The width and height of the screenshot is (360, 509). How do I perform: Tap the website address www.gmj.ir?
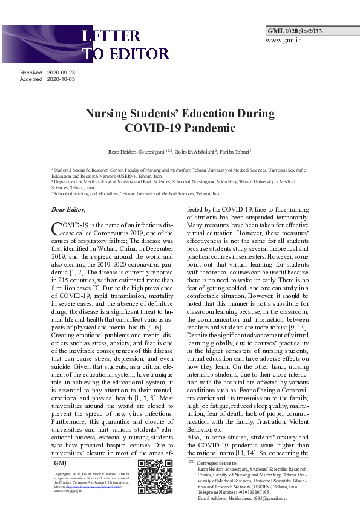tap(283, 40)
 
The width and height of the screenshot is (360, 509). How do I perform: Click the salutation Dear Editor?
tap(68, 209)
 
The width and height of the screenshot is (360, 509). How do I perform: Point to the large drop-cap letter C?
tap(56, 229)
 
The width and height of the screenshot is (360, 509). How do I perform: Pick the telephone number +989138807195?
tap(234, 492)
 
